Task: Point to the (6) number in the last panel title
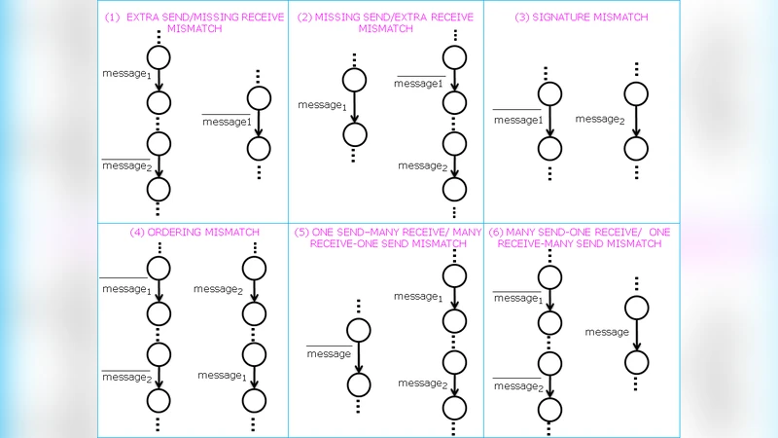pyautogui.click(x=496, y=233)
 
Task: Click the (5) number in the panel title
pyautogui.click(x=301, y=233)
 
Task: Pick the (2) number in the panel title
pyautogui.click(x=304, y=18)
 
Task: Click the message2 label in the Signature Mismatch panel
pyautogui.click(x=599, y=119)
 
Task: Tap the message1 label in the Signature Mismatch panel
pyautogui.click(x=518, y=120)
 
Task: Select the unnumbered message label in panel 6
pyautogui.click(x=607, y=332)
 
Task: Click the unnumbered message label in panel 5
pyautogui.click(x=329, y=353)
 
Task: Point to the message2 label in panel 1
pyautogui.click(x=127, y=166)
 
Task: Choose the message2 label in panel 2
pyautogui.click(x=421, y=165)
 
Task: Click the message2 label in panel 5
pyautogui.click(x=421, y=383)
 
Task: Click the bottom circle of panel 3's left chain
pyautogui.click(x=550, y=149)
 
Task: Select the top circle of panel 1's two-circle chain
pyautogui.click(x=258, y=98)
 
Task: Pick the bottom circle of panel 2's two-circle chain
pyautogui.click(x=355, y=135)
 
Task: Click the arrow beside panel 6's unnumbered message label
pyautogui.click(x=636, y=334)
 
